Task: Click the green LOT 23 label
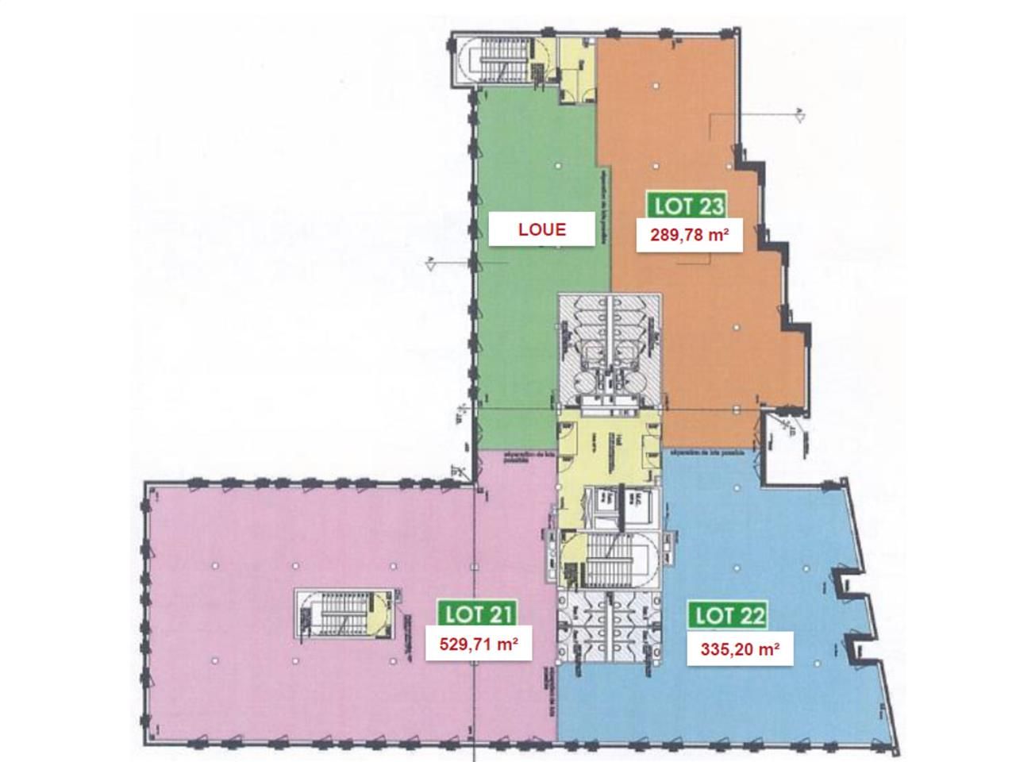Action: [x=687, y=206]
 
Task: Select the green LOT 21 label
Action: [x=478, y=613]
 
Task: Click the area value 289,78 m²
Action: [x=689, y=235]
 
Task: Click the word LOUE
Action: [x=541, y=230]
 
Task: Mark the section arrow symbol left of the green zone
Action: [x=429, y=264]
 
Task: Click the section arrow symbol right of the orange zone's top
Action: [x=800, y=114]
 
